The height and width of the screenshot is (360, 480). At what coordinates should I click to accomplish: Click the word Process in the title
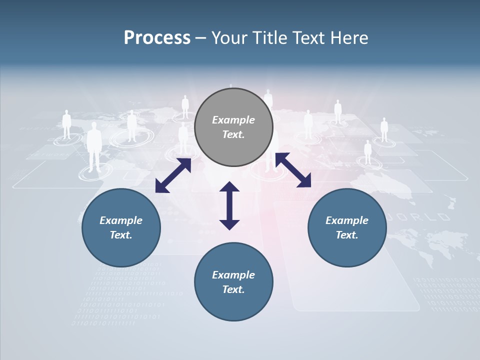point(157,38)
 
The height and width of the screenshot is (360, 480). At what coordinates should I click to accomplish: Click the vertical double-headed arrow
point(229,205)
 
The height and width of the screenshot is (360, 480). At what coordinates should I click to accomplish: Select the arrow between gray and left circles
point(173,175)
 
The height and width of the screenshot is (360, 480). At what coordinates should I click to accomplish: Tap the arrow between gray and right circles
point(293,170)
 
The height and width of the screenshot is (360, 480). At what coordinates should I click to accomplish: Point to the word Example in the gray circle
point(233,120)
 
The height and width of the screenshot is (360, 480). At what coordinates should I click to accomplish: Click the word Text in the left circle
point(121,235)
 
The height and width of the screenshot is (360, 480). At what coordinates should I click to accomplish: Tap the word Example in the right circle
point(347,220)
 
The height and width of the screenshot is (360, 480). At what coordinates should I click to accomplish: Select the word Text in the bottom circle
point(233,289)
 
